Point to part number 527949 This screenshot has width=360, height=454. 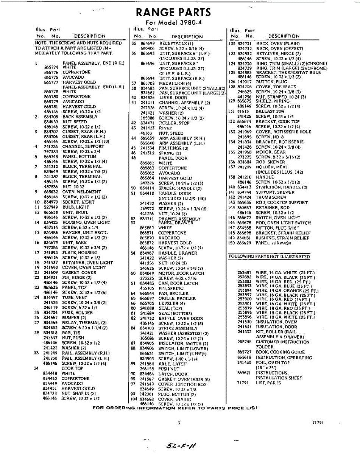pos(50,207)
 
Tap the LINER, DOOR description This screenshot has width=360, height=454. pos(173,98)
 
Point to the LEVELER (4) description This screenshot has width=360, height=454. pos(172,303)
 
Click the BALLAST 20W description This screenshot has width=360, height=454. pos(270,111)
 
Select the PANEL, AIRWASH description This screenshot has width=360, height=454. pos(273,243)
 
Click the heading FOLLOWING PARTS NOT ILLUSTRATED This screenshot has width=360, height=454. pos(269,257)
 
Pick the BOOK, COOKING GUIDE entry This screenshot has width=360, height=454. pos(280,352)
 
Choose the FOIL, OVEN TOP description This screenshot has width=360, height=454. pos(273,362)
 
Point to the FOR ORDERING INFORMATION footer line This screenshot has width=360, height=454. pos(175,408)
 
